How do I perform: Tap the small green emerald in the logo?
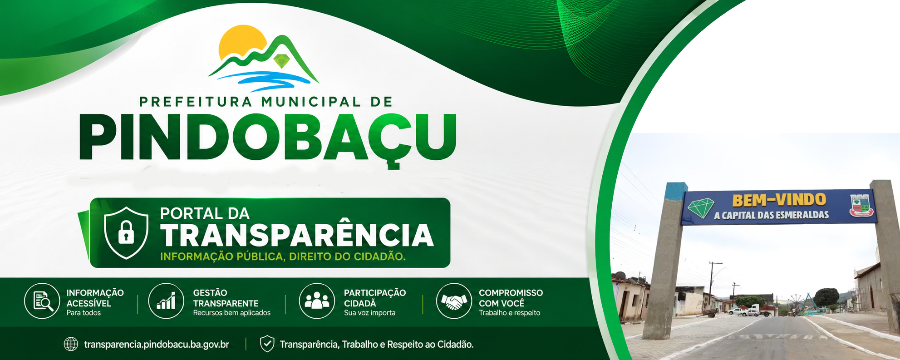[x=282, y=61]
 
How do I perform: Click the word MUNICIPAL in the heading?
[x=311, y=101]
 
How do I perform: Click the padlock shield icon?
[x=126, y=233]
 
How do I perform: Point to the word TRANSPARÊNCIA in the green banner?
[x=297, y=235]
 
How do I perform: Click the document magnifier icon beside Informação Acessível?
[x=42, y=301]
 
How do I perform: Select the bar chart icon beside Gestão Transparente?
[x=166, y=301]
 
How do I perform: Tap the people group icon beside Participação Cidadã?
[x=317, y=301]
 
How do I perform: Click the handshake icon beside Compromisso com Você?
[x=454, y=301]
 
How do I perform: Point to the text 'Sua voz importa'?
[x=369, y=313]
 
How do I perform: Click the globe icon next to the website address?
[x=71, y=344]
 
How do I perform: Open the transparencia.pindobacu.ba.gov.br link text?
[x=157, y=345]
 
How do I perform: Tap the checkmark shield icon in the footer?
[x=267, y=344]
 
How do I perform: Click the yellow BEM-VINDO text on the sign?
[x=779, y=200]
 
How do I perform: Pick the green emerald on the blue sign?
[x=701, y=208]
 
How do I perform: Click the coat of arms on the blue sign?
[x=861, y=205]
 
